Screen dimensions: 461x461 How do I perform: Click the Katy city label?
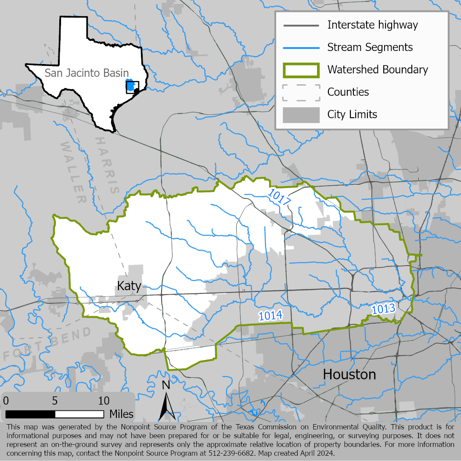[x=129, y=286]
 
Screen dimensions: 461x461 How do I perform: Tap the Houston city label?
[x=349, y=375]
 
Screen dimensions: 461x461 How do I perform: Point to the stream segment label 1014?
[x=270, y=315]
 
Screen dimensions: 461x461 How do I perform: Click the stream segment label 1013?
[x=384, y=309]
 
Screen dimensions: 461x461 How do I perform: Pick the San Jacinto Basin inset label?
[x=86, y=73]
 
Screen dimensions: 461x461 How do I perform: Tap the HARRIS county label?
[x=107, y=165]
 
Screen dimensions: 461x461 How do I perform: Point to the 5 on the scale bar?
[x=55, y=401]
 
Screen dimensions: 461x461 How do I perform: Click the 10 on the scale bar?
[x=104, y=401]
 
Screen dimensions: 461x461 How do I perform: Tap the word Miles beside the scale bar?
[x=122, y=414]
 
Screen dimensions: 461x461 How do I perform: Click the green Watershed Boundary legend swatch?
[x=301, y=70]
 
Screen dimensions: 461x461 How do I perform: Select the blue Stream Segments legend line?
[x=301, y=47]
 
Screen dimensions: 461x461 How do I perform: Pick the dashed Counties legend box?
[x=301, y=92]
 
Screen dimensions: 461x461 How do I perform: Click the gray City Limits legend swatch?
[x=301, y=115]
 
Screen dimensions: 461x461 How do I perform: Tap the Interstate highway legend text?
[x=373, y=25]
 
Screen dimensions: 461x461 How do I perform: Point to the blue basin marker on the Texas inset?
[x=130, y=86]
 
